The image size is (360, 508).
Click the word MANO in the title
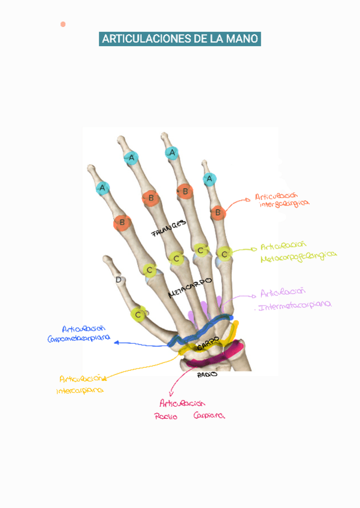(x=243, y=40)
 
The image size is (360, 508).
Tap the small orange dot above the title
(x=63, y=24)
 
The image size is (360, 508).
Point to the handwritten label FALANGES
(x=170, y=228)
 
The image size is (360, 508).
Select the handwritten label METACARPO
(x=190, y=288)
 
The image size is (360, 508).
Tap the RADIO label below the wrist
(x=207, y=375)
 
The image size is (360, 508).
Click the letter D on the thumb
(x=119, y=280)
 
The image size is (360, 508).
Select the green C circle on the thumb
(x=139, y=314)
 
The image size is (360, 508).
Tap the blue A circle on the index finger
(x=103, y=188)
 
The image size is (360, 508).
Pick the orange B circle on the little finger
(x=218, y=211)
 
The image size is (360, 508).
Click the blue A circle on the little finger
(x=209, y=179)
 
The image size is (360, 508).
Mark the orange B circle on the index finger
(x=122, y=223)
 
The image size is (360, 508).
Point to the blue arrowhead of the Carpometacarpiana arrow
(x=116, y=343)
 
